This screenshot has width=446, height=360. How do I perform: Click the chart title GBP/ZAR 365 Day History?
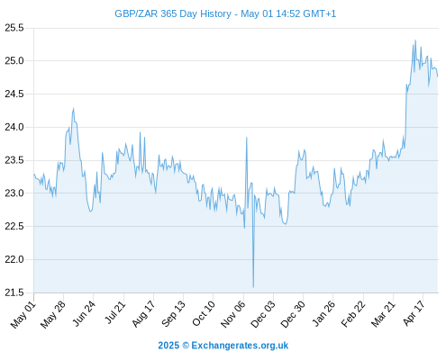(x=173, y=14)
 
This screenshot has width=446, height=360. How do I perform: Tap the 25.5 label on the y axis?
(x=14, y=28)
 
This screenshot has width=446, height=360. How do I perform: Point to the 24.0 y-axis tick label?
(x=14, y=127)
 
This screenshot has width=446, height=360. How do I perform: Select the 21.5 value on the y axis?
(x=14, y=292)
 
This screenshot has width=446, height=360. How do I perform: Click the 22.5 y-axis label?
(x=14, y=226)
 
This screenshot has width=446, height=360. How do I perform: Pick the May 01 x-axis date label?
(x=23, y=315)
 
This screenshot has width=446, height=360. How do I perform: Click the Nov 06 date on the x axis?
(x=232, y=315)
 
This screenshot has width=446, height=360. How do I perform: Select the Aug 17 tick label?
(x=143, y=314)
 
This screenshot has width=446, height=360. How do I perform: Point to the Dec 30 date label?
(x=293, y=315)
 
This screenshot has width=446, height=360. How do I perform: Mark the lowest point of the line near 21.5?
(x=253, y=287)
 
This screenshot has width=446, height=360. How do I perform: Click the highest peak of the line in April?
(x=415, y=40)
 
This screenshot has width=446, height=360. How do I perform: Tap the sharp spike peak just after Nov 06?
(x=247, y=138)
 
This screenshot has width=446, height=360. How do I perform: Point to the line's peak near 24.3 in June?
(x=73, y=108)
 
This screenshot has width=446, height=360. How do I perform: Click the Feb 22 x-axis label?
(x=353, y=314)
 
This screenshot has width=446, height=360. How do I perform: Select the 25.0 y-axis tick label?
(x=14, y=61)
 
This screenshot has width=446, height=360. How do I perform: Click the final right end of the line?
(x=438, y=76)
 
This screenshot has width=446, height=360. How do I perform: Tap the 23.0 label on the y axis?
(x=14, y=193)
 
